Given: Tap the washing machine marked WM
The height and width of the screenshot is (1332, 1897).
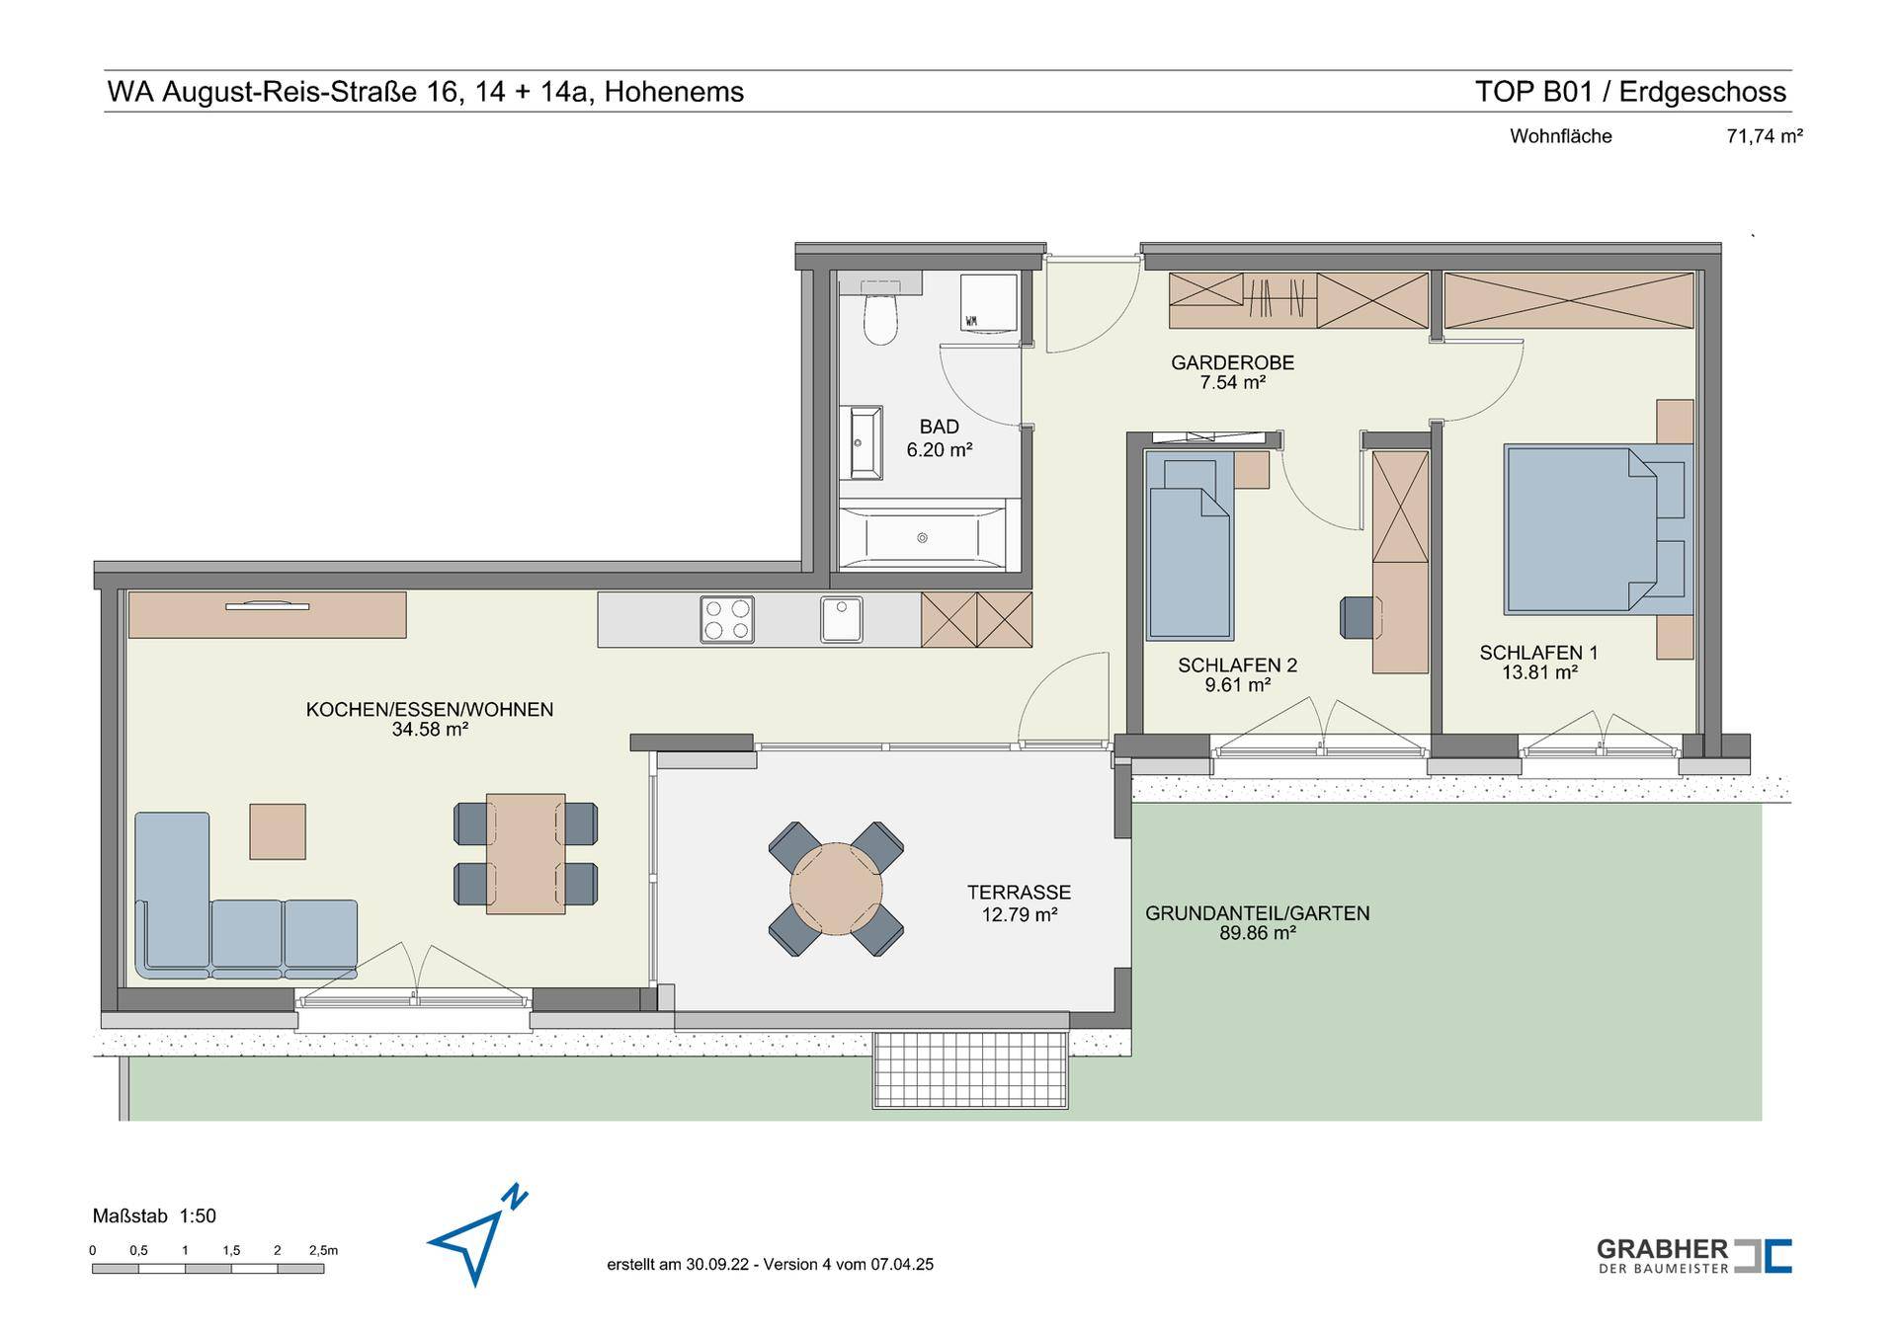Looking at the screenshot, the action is tap(988, 302).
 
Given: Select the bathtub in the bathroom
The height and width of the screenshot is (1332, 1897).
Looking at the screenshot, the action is tap(922, 537).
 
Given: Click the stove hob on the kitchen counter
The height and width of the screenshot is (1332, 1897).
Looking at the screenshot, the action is tap(727, 619).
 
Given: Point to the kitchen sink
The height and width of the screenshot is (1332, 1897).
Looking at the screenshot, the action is tap(841, 619).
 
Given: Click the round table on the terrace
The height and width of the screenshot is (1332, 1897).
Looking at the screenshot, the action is tap(836, 889).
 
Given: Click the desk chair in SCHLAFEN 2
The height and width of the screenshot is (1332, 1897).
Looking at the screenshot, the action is tap(1358, 617).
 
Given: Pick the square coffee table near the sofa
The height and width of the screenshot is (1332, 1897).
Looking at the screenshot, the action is tap(278, 831).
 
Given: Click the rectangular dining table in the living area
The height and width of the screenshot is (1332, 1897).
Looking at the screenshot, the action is tap(526, 854).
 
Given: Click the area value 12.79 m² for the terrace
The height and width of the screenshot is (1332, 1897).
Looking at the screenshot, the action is tap(1020, 915).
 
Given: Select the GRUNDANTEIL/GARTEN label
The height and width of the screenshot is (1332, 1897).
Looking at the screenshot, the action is tap(1258, 913).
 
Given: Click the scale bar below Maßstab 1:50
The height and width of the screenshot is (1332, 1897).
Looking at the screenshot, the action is tap(208, 1269).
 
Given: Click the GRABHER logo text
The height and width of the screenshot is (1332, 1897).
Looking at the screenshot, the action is tap(1663, 1249).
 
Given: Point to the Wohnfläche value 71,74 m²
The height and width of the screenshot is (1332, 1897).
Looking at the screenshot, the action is tap(1765, 137).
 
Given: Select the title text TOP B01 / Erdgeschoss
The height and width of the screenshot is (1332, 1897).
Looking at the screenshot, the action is tap(1631, 92).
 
